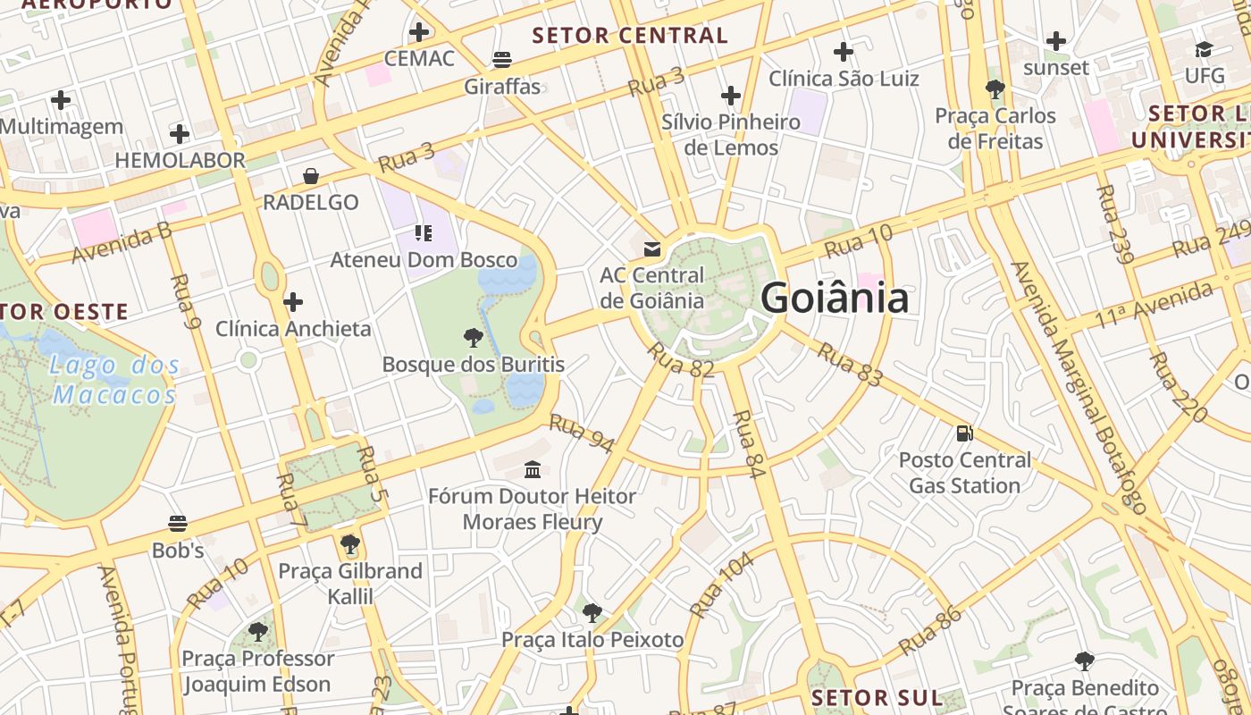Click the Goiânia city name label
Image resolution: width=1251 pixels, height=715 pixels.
835,299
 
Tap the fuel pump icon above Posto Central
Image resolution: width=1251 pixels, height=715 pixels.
965,433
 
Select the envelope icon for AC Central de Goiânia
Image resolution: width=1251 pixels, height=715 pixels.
652,248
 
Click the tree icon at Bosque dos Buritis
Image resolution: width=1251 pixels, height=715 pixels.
474,337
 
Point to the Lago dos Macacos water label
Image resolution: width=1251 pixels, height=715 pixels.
114,379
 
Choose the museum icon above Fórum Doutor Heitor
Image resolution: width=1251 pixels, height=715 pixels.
533,469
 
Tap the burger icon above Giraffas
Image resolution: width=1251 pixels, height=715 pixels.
502,60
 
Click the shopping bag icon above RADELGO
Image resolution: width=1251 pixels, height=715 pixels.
311,176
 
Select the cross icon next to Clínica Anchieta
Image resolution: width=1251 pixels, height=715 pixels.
293,302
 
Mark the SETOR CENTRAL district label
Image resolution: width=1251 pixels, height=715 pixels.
630,36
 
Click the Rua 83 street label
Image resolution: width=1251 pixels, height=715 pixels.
849,365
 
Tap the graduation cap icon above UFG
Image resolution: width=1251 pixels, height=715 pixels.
1205,49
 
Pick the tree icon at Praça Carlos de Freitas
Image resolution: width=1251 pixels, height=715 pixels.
995,88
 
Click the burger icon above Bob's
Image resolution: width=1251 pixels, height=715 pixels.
178,524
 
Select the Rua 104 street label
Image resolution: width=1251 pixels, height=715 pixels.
723,585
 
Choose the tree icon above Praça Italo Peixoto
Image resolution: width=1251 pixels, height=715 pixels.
592,613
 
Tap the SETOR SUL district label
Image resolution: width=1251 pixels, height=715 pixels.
877,698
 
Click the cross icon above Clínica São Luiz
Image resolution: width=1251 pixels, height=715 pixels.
843,52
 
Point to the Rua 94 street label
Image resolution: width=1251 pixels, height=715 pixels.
582,433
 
